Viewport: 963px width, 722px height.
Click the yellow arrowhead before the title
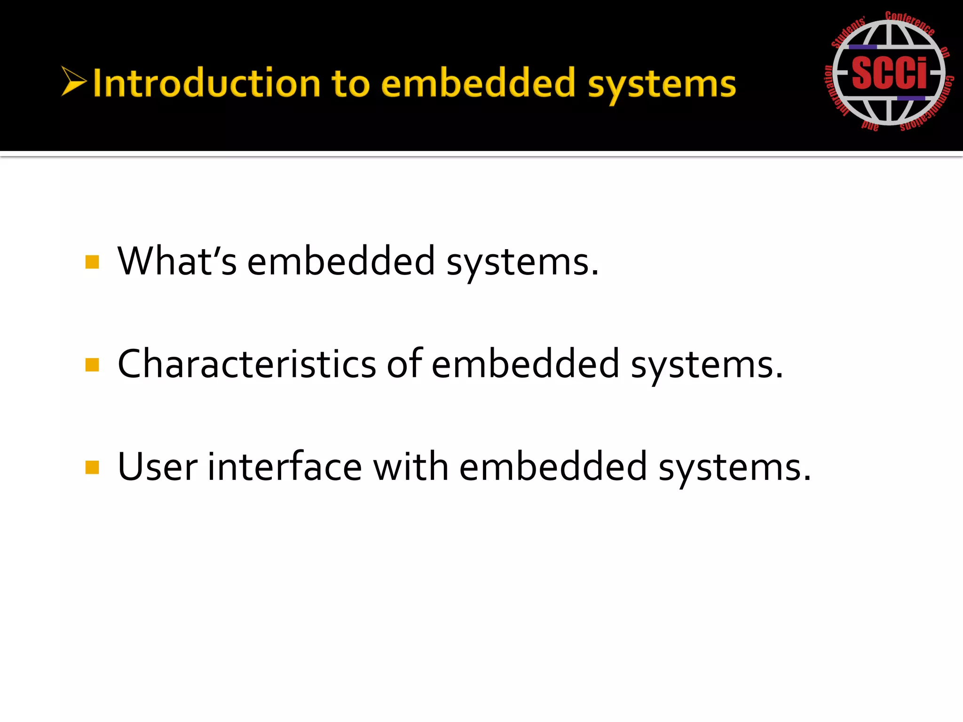[74, 81]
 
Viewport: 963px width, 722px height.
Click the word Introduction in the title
[206, 83]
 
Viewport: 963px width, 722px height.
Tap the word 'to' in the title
[350, 84]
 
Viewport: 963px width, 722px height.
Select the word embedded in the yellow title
[478, 83]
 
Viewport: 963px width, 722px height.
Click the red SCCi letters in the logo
[889, 73]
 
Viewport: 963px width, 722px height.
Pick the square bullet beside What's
[92, 262]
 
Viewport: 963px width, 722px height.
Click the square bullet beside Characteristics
[92, 365]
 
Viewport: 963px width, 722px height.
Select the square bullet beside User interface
[92, 468]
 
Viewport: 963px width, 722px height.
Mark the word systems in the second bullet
[706, 366]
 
